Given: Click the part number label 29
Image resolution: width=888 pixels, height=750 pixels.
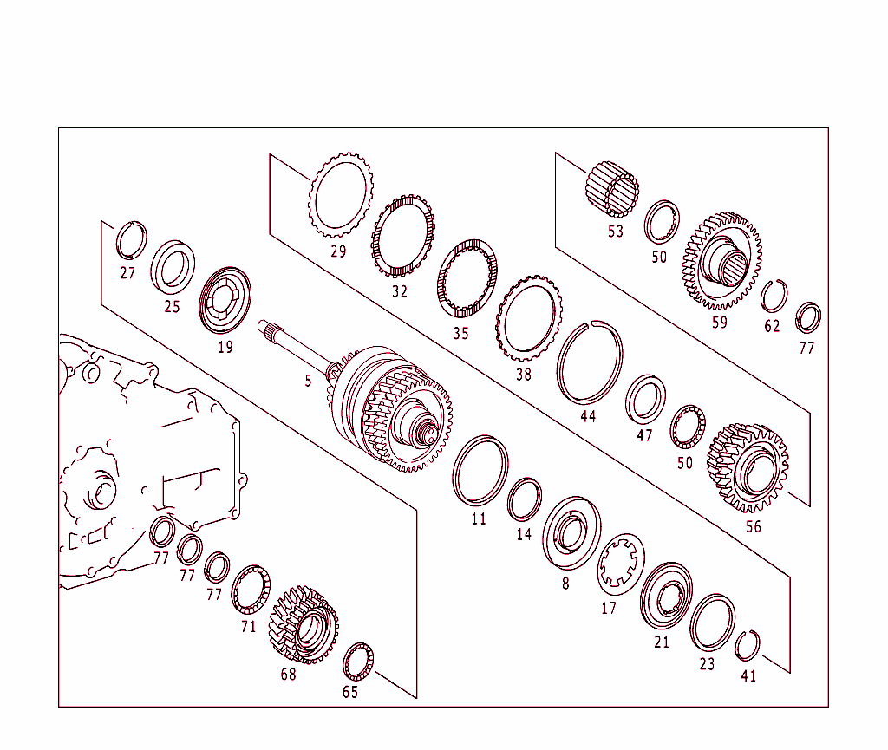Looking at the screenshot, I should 338,252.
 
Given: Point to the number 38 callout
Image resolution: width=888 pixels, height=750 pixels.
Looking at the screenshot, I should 523,375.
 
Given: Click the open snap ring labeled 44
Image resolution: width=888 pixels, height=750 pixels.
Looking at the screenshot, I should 590,362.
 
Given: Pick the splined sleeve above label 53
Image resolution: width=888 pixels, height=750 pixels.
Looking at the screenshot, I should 612,191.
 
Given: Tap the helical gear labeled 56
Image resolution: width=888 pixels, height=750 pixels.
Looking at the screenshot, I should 748,467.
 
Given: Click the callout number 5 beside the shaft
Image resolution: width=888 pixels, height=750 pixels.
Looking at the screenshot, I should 307,381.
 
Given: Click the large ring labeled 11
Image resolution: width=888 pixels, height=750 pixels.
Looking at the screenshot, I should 480,471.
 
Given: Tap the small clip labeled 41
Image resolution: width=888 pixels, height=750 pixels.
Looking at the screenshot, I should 747,646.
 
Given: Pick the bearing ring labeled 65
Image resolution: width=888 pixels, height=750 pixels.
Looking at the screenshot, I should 358,662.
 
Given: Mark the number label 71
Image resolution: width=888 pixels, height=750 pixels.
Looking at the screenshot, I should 249,626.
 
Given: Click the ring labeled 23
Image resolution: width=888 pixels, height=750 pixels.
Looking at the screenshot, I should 712,623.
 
